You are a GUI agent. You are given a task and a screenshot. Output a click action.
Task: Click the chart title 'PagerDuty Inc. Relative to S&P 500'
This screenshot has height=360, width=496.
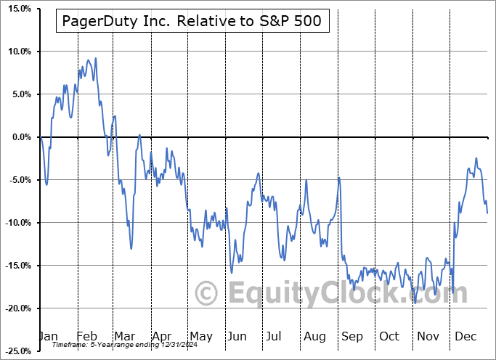[192, 22]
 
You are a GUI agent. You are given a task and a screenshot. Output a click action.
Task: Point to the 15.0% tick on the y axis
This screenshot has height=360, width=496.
[17, 9]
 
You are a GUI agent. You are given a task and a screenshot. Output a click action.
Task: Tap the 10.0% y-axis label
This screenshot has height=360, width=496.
[17, 52]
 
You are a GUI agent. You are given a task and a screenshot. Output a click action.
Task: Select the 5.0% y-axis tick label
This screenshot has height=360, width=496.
[20, 94]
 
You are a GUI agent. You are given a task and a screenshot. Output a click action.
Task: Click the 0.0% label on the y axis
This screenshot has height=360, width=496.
[20, 137]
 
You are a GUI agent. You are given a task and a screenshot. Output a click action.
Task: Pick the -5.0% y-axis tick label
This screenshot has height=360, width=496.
[18, 180]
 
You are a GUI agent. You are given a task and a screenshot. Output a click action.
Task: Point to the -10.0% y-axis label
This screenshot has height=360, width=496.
[16, 223]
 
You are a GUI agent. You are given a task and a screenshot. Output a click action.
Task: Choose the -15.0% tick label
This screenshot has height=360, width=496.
[16, 266]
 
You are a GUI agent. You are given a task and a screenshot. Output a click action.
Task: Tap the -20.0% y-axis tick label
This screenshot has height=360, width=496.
[16, 308]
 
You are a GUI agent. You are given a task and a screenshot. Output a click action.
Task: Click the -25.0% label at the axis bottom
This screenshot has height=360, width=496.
[16, 351]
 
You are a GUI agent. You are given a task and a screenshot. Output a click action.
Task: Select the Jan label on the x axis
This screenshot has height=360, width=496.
[48, 337]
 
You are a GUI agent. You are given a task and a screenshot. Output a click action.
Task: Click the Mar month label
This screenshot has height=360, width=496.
[124, 337]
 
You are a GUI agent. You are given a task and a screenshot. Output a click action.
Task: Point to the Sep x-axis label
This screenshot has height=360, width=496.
[352, 337]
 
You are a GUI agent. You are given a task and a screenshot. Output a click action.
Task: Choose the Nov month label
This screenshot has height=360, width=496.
[428, 337]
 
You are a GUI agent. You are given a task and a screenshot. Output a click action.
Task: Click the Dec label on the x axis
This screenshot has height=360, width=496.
[466, 337]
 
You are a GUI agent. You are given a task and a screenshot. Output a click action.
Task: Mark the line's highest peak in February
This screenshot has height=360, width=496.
[95, 58]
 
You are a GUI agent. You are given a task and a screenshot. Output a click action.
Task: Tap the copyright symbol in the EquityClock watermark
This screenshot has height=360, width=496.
[208, 294]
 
